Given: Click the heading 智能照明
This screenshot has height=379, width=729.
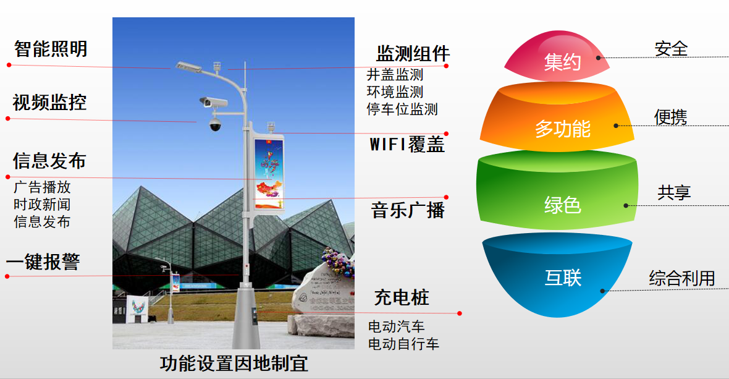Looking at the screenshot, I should coord(51,49).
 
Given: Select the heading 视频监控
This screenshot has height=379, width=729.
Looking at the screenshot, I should coord(49,102).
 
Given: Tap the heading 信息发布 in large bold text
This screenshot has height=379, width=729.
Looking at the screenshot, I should coord(49,161).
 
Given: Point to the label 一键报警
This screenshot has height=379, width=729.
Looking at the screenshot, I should coord(43,262).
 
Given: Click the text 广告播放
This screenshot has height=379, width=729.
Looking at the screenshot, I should coord(42,187).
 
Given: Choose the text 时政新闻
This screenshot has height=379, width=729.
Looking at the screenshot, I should coord(42,205).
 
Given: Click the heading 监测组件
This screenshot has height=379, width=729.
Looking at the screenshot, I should coord(413,53).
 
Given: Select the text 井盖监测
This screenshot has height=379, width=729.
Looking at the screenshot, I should coord(395,75).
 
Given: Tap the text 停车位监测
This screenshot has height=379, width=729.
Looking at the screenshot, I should coord(402,109).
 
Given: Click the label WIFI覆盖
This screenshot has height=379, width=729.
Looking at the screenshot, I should coord(407,145).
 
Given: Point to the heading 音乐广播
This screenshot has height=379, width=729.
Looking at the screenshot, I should coord(408,210).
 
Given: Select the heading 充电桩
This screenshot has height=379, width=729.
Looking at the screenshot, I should coord(402,297).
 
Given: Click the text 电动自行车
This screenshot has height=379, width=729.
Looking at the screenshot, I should coord(403,344).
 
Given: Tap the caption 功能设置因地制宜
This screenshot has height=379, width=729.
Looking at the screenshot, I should coord(234,364).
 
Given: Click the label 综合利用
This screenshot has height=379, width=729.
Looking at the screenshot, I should coord(681,278).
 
